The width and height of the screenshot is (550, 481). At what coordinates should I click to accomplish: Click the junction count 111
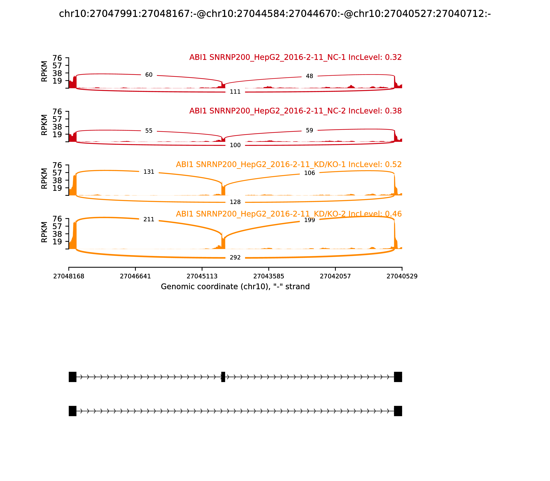(x=235, y=92)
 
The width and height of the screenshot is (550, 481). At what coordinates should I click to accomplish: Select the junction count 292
(x=235, y=258)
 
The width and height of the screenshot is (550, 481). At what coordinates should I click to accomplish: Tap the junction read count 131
(x=149, y=172)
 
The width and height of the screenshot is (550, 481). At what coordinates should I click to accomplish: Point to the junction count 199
(x=309, y=220)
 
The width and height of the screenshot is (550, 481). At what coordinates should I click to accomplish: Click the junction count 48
(x=309, y=76)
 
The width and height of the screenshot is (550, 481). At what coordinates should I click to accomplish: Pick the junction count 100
(x=235, y=145)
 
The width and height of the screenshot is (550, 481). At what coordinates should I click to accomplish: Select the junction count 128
(x=235, y=202)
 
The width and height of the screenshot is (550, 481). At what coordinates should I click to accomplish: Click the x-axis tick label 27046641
(x=135, y=276)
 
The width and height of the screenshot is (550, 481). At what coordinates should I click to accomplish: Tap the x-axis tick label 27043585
(x=268, y=276)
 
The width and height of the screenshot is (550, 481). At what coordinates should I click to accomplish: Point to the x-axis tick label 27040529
(x=402, y=276)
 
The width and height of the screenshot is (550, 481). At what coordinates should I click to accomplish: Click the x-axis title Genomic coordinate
(x=235, y=287)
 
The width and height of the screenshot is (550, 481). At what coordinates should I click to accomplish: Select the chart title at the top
(x=275, y=14)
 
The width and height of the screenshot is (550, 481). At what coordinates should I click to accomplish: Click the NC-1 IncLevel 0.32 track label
(x=295, y=57)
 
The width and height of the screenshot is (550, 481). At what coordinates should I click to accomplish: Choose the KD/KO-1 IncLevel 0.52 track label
(x=289, y=165)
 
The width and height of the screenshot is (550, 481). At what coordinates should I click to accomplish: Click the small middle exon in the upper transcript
(x=223, y=377)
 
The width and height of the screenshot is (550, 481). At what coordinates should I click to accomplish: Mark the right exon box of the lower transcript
(x=398, y=411)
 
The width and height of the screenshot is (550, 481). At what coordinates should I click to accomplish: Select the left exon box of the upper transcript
(x=73, y=377)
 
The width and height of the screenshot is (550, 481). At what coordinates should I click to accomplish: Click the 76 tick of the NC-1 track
(x=57, y=58)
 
